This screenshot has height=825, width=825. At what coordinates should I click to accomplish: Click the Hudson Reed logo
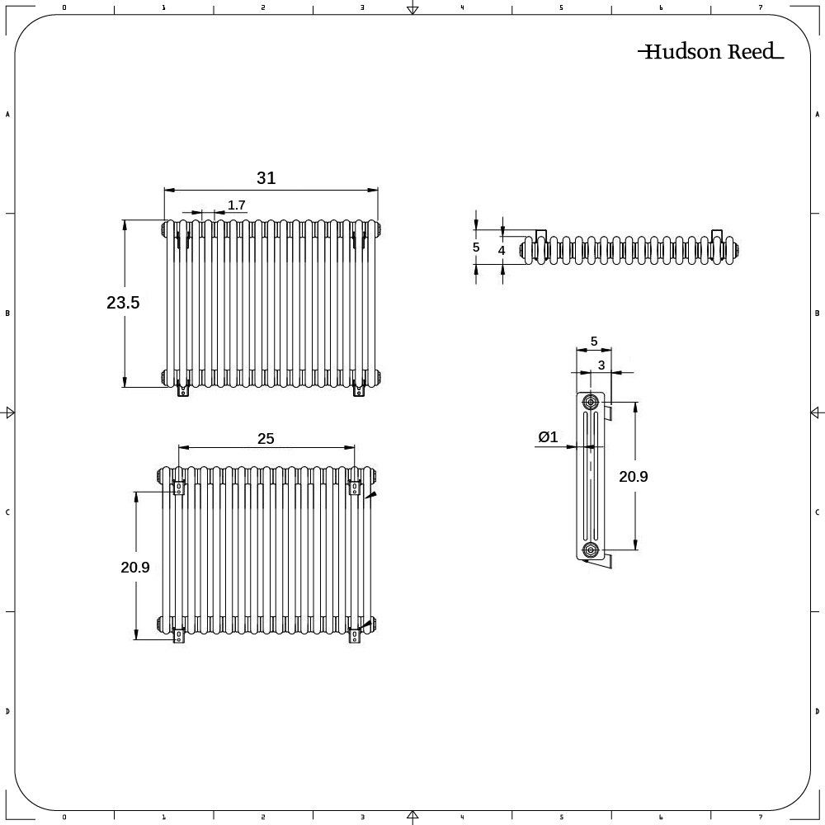point(710,52)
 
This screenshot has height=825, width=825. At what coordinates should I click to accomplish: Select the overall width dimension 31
point(266,178)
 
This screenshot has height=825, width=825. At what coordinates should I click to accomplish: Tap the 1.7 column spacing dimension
point(237,205)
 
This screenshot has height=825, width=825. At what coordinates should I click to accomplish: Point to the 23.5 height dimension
point(123,303)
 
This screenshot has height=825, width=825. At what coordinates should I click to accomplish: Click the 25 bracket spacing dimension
point(265,438)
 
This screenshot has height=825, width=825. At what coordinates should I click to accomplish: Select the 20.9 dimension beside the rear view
point(135,567)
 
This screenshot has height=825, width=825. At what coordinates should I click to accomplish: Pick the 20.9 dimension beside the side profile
point(633,476)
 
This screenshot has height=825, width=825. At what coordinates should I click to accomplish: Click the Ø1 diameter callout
point(548,438)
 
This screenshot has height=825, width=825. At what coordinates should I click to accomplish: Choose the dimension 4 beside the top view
point(501,249)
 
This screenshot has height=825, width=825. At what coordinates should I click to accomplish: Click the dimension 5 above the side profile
point(593,341)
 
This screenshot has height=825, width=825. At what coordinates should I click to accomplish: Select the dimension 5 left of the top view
point(476,247)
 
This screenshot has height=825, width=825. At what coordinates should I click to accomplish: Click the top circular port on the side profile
point(591,402)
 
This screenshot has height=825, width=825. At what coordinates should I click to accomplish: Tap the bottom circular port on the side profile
point(591,549)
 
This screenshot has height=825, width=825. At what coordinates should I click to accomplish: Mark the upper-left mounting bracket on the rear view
point(177,488)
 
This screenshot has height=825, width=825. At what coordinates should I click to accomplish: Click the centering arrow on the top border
point(412,10)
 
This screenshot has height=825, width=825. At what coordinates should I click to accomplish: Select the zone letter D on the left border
point(7,711)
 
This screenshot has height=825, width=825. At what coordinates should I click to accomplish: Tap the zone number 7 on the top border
point(760,7)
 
